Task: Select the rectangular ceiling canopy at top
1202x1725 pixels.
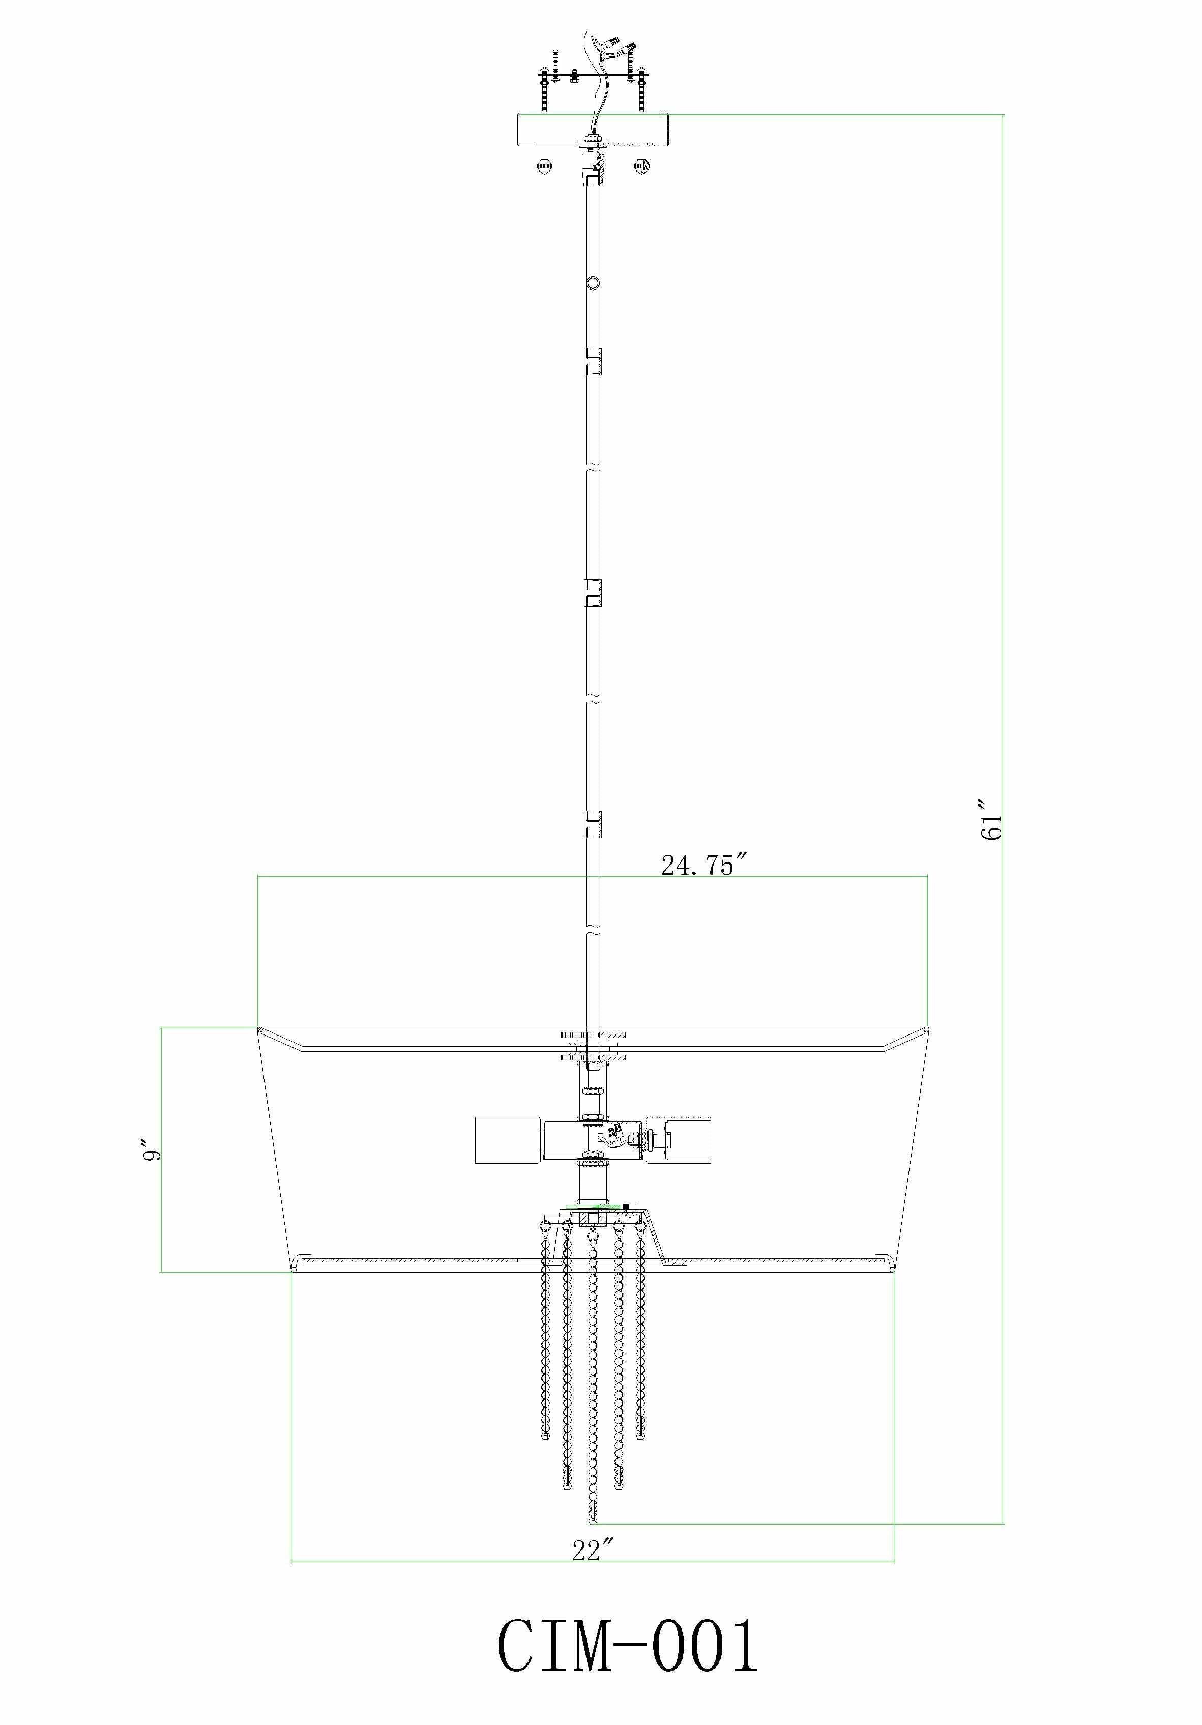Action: coord(593,129)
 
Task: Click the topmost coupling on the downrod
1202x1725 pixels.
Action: coord(593,361)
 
